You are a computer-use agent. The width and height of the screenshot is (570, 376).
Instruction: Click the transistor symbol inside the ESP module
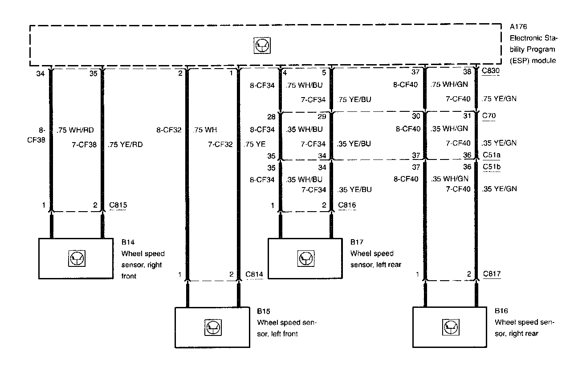point(262,46)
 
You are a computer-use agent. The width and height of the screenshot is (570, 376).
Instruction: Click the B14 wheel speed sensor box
point(75,258)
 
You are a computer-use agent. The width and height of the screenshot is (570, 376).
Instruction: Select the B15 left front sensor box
point(212,327)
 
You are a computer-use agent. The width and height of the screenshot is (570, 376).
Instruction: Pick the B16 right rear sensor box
point(450,327)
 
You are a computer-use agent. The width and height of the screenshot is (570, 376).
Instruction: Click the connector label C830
point(491,71)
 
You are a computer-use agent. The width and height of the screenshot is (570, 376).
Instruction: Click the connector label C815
point(118,205)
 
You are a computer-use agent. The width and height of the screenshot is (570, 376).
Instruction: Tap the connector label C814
point(254,274)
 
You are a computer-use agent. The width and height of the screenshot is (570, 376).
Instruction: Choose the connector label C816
point(347,205)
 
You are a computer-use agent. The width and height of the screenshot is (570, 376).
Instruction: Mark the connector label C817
point(492,274)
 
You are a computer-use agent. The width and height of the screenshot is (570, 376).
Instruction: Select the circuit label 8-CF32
point(168,131)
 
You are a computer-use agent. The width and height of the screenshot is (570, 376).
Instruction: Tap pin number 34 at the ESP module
point(40,74)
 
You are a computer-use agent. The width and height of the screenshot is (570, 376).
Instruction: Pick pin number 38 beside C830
point(467,71)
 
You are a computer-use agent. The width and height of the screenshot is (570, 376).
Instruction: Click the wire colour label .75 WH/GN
point(449,84)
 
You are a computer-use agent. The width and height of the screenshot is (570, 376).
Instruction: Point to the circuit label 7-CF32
point(220,144)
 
